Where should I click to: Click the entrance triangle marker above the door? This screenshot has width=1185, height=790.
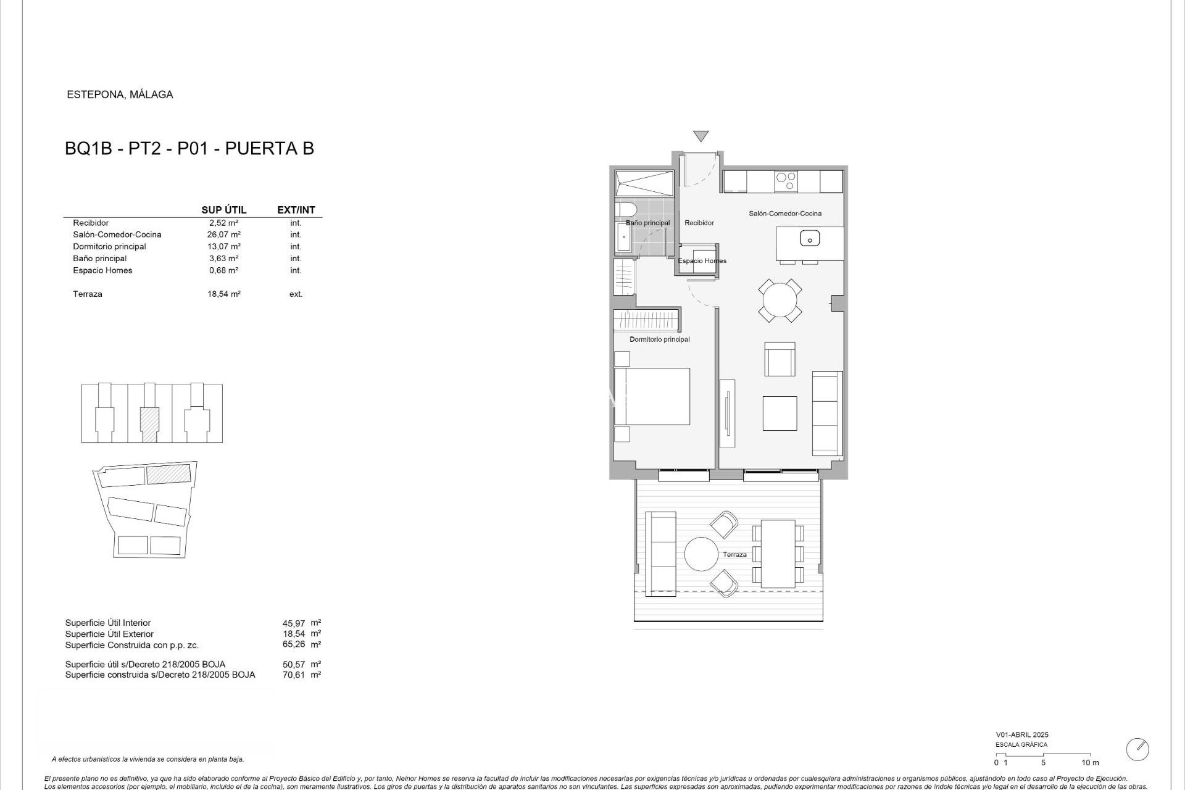[x=701, y=136]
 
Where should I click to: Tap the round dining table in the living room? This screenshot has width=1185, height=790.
[x=780, y=301]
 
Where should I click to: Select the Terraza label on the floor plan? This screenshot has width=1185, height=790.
[x=734, y=554]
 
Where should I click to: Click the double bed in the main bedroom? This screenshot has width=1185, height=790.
[x=652, y=396]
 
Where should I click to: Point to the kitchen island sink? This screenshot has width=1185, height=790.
[x=809, y=238]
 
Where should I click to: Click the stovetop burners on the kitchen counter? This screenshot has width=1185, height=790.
[x=786, y=181]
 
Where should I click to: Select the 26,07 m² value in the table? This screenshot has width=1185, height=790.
[x=223, y=235]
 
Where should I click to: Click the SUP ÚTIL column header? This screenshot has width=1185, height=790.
[x=223, y=210]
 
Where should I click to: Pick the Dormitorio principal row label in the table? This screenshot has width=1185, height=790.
[x=109, y=246]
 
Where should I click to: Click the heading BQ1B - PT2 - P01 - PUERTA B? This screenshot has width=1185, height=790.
[x=189, y=149]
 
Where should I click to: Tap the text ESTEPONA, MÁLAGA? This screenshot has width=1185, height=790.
[x=120, y=94]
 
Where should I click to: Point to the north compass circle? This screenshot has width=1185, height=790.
[x=1137, y=749]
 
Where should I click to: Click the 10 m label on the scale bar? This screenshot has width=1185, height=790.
[x=1090, y=763]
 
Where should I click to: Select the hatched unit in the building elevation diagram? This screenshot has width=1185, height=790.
[x=149, y=424]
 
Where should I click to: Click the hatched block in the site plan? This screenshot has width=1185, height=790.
[x=168, y=474]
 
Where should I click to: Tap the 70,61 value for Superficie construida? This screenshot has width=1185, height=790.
[x=293, y=675]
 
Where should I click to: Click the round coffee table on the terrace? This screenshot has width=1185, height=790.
[x=702, y=554]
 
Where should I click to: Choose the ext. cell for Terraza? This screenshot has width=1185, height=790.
[x=296, y=294]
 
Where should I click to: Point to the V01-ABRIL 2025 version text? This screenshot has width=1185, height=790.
[x=1021, y=734]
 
